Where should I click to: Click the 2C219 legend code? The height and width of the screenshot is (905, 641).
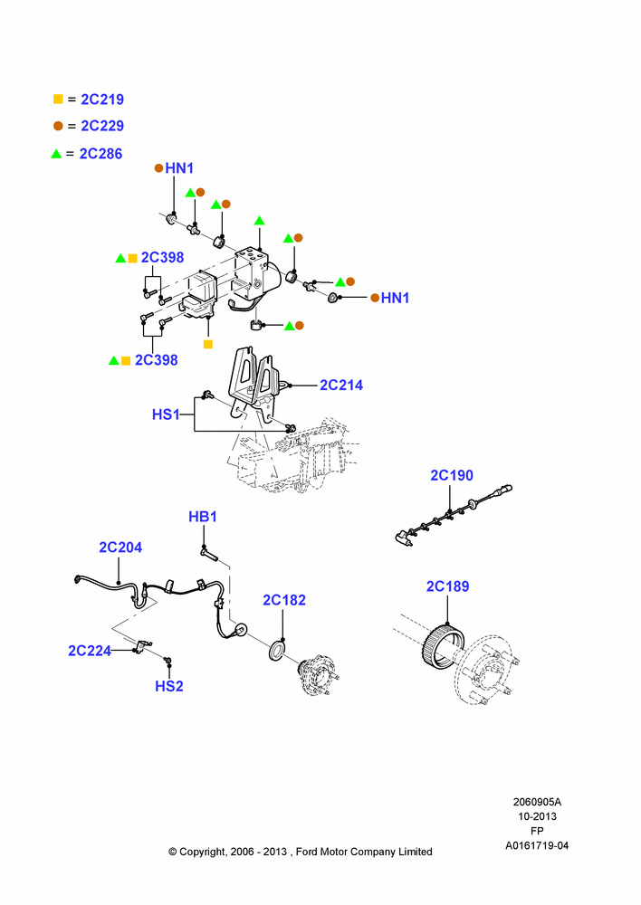tap(102, 100)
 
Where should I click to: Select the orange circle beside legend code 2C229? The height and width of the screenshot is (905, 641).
tap(58, 126)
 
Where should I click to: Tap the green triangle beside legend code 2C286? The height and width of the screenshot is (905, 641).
tap(56, 154)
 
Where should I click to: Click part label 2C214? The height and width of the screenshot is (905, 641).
tap(341, 385)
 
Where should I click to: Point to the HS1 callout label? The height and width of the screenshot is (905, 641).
tap(166, 414)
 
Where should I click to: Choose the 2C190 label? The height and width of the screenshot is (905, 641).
tap(452, 475)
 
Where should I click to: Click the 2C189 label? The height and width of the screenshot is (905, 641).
tap(447, 586)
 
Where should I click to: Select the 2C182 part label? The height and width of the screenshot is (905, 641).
tap(284, 600)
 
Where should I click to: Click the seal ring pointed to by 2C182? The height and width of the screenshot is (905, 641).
tap(277, 649)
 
